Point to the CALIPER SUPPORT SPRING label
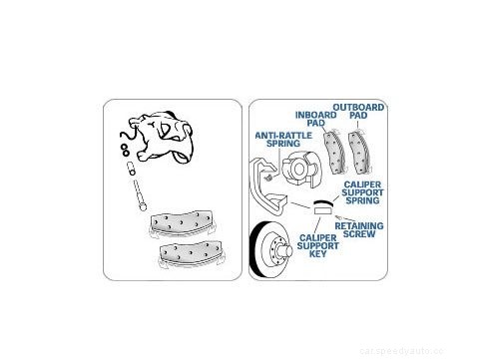click(x=367, y=191)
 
